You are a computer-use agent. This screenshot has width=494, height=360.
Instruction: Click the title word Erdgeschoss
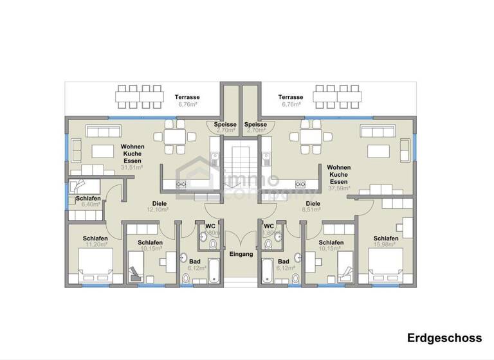pos(443,338)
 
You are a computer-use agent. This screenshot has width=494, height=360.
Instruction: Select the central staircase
pos(241,167)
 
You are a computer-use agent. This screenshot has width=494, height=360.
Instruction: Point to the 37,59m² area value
pos(339,188)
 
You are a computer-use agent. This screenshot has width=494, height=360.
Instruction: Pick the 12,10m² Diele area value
pos(158,210)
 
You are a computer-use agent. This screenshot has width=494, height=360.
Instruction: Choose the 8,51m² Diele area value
pos(313,210)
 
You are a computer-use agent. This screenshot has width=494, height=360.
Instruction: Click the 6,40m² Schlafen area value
pos(87,205)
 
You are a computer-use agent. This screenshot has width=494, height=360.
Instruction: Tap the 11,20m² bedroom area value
pos(95,245)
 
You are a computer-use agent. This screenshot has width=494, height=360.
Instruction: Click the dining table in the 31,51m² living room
pos(175,136)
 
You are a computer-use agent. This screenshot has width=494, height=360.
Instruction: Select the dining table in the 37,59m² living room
pos(306,136)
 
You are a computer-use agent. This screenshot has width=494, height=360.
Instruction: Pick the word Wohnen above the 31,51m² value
pos(133,147)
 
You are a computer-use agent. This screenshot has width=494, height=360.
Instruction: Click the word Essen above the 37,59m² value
pos(339,181)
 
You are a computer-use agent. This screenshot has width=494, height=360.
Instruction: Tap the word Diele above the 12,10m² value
pos(158,203)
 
